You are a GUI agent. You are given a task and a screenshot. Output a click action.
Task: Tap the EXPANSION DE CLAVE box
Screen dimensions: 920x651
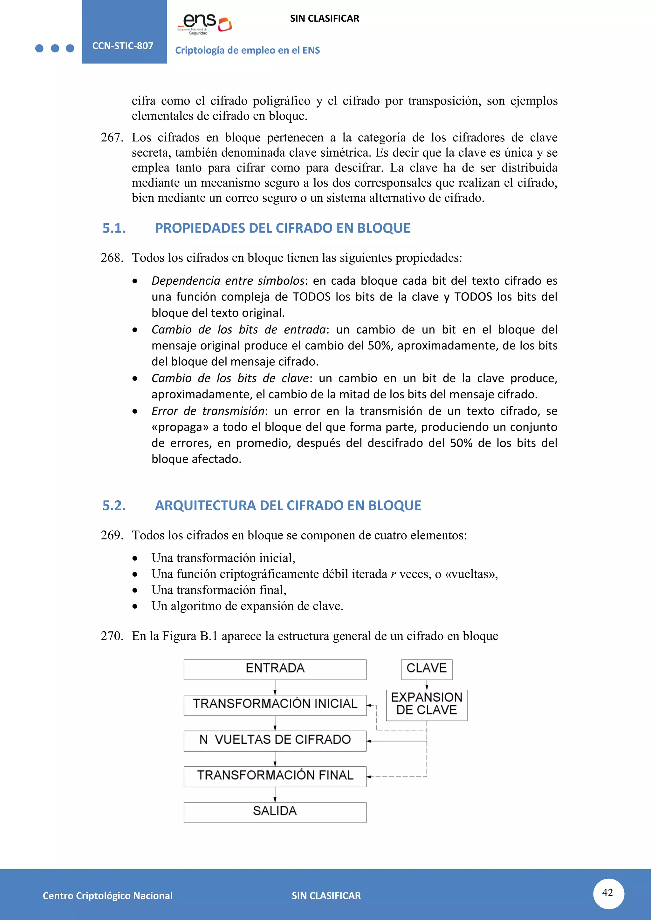pos(427,705)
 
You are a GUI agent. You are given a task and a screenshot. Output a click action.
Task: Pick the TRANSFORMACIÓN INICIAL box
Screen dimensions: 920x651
pos(275,705)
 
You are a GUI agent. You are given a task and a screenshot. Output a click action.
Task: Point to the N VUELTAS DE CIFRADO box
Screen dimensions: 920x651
pos(275,741)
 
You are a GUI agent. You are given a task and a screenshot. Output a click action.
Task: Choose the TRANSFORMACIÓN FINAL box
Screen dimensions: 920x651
pos(275,776)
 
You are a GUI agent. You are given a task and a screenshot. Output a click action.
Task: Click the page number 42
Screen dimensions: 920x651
pos(608,893)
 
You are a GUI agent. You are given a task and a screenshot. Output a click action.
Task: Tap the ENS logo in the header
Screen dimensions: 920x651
pos(205,24)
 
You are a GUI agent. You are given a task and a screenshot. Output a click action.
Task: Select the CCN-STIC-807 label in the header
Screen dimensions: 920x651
pos(123,46)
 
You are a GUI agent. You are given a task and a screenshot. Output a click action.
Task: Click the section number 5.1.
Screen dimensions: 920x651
pos(114,228)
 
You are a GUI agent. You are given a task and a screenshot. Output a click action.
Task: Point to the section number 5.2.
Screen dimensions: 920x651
pos(114,506)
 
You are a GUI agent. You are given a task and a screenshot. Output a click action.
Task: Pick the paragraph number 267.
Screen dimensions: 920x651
pos(112,138)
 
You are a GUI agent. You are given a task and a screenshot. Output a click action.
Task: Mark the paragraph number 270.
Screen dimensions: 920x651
pos(112,636)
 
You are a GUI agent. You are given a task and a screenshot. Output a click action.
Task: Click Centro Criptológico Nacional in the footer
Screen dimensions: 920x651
pos(107,896)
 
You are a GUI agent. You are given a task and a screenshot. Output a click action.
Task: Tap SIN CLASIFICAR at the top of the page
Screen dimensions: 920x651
pos(324,18)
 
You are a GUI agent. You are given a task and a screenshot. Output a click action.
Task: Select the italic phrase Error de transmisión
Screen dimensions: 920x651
pos(208,411)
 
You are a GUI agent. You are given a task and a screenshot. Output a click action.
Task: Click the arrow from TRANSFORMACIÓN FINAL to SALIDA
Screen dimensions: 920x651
pos(275,795)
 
